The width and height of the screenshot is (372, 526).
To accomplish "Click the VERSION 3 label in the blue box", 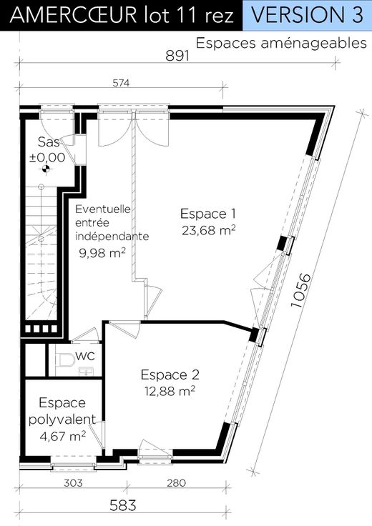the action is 307,15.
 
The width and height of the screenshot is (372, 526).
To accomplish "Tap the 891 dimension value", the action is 177,56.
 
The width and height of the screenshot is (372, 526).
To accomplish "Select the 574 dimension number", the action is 121,83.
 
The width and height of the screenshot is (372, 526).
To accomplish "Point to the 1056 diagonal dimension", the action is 301,290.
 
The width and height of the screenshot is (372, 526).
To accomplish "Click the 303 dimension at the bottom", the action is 73,482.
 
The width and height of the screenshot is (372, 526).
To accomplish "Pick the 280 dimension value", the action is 176,482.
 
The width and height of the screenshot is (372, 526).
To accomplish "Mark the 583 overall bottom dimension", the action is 123,505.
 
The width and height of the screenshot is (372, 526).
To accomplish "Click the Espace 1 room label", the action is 208,214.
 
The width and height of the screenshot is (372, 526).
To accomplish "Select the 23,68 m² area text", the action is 208,230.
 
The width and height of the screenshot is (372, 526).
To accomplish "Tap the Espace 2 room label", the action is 170,374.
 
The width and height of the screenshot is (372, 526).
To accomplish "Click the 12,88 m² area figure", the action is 170,391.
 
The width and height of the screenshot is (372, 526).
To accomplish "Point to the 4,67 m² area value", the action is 63,437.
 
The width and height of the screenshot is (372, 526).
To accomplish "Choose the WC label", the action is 85,356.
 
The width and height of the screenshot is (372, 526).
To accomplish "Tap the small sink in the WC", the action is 87,372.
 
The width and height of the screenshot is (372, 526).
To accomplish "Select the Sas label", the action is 49,142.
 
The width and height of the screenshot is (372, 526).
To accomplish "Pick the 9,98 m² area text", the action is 102,252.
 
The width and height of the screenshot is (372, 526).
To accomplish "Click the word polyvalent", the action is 62,420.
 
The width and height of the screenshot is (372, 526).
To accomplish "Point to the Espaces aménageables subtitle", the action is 281,44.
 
